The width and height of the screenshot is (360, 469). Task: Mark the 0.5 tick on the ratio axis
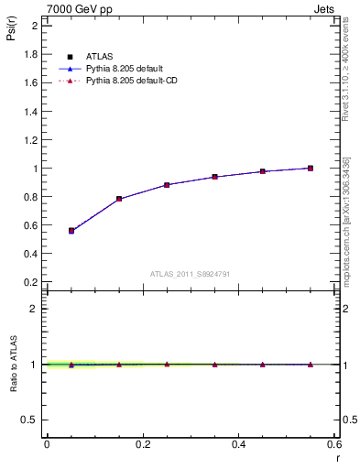point(31,420)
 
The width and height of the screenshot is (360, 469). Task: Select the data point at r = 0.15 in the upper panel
point(119,199)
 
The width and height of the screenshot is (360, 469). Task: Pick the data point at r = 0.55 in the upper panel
point(311,168)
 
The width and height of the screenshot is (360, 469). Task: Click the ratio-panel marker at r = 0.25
point(167,364)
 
